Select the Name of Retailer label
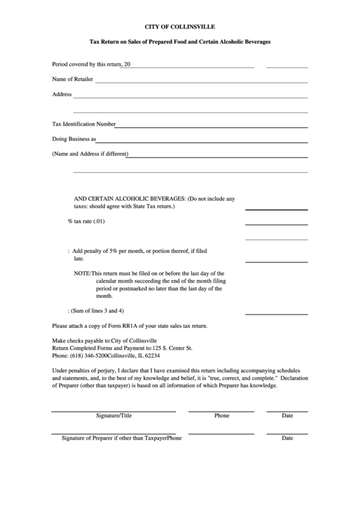coord(73,80)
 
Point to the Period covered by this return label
coord(86,65)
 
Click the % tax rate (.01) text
coord(86,222)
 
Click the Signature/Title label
coord(113,415)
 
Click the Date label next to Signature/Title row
coord(287,415)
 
